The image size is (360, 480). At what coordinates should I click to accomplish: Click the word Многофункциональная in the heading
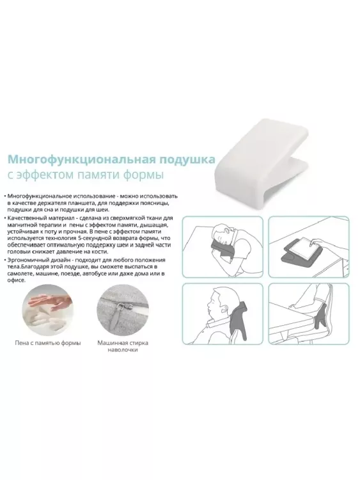coord(81,160)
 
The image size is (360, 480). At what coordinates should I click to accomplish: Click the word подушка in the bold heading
coord(187,160)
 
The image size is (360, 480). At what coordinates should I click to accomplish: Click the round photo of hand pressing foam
coord(47,310)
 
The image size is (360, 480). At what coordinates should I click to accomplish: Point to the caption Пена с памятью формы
coord(48,343)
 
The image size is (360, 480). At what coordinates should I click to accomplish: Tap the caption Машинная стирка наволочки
coord(123,346)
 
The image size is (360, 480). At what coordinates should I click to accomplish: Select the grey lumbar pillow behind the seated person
coord(320,316)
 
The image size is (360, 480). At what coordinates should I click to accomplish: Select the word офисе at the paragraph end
coord(17,280)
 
